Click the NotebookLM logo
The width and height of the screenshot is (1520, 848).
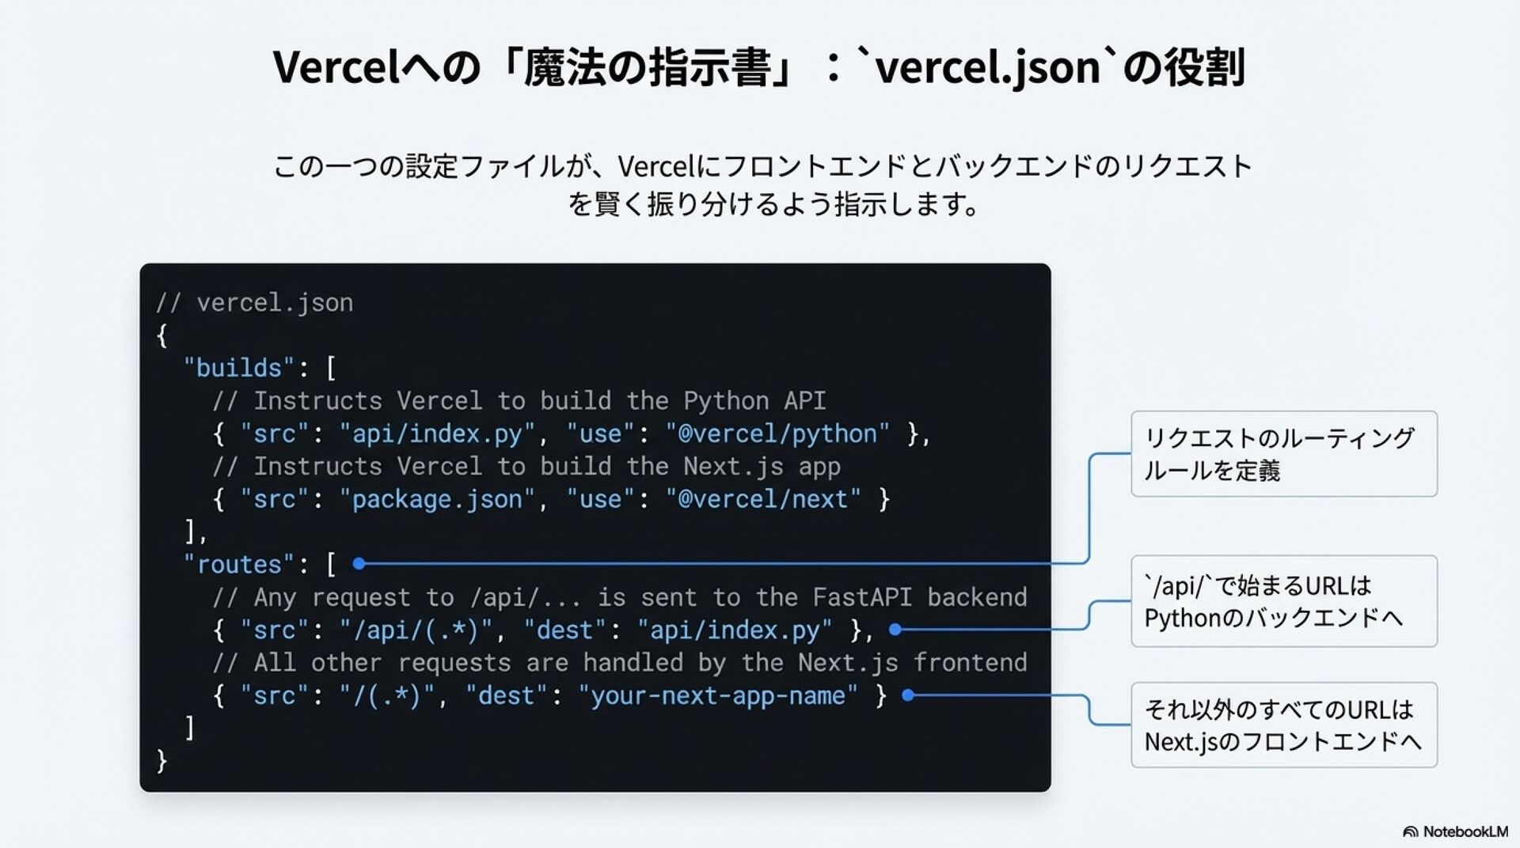(x=1455, y=831)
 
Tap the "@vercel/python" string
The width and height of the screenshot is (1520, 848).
(x=777, y=433)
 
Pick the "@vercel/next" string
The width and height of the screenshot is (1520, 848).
(x=763, y=499)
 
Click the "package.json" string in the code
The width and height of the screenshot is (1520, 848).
(x=437, y=499)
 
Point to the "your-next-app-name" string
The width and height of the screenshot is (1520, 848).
(x=717, y=696)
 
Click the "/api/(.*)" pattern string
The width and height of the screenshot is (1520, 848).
(x=416, y=630)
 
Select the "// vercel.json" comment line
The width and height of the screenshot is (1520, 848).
(x=254, y=302)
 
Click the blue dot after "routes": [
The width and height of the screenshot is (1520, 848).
(x=359, y=564)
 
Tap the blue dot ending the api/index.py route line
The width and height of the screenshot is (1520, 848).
(x=895, y=630)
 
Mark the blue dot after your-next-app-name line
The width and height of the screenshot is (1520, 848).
(x=908, y=695)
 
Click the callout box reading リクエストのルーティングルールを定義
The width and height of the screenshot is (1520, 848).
(x=1283, y=454)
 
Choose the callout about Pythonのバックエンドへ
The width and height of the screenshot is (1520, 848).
(x=1283, y=601)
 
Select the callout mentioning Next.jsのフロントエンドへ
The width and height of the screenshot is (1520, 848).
(x=1283, y=725)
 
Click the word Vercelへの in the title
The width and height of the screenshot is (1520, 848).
(x=375, y=67)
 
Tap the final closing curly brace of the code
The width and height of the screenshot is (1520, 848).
(x=162, y=761)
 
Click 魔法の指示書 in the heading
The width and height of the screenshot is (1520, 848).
(x=647, y=67)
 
